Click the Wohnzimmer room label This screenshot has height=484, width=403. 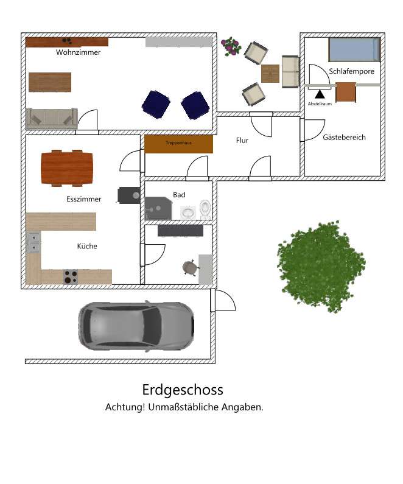78,52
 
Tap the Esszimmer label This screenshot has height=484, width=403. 84,199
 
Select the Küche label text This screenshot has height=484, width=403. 87,247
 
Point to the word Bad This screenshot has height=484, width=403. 179,195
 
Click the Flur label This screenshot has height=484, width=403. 242,141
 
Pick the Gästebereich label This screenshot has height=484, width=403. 344,138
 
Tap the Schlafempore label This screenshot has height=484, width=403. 351,72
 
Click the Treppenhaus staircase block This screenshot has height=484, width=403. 178,144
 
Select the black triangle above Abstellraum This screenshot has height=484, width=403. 320,94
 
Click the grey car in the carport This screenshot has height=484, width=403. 136,325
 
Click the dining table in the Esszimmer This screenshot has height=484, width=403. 68,167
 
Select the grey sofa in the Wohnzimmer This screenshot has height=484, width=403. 52,117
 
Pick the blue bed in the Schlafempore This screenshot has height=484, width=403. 354,50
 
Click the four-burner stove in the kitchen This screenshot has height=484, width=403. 71,276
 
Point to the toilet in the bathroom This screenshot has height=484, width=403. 205,209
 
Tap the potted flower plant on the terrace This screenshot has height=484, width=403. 231,46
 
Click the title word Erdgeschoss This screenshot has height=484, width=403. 183,390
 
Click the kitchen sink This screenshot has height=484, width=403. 33,243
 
